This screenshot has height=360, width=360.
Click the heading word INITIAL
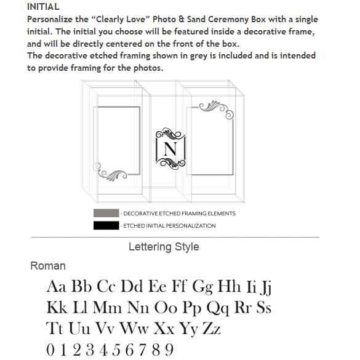pos(44,7)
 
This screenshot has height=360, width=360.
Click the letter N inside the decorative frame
pos(170,149)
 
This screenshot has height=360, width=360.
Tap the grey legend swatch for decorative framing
pos(106,213)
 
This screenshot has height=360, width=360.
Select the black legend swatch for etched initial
pos(106,225)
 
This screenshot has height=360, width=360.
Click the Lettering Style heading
pos(164,247)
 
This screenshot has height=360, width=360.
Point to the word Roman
pos(48,266)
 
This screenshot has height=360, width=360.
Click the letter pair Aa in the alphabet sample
pos(57,286)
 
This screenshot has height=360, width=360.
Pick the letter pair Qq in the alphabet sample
pos(218,308)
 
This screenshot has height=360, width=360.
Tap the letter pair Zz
pos(212,329)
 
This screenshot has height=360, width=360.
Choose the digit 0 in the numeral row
pos(50,350)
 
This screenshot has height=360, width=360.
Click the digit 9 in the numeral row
pos(169,350)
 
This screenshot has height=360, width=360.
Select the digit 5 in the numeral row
pos(116,350)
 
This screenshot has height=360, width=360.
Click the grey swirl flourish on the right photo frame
pos(216,110)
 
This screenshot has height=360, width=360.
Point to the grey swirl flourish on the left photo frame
pos(110,172)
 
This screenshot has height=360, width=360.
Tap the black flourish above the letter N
pos(170,134)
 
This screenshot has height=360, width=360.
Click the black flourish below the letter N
pos(170,164)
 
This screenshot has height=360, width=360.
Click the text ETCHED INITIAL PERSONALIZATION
pos(169,226)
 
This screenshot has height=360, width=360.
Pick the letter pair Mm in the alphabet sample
pos(107,307)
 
